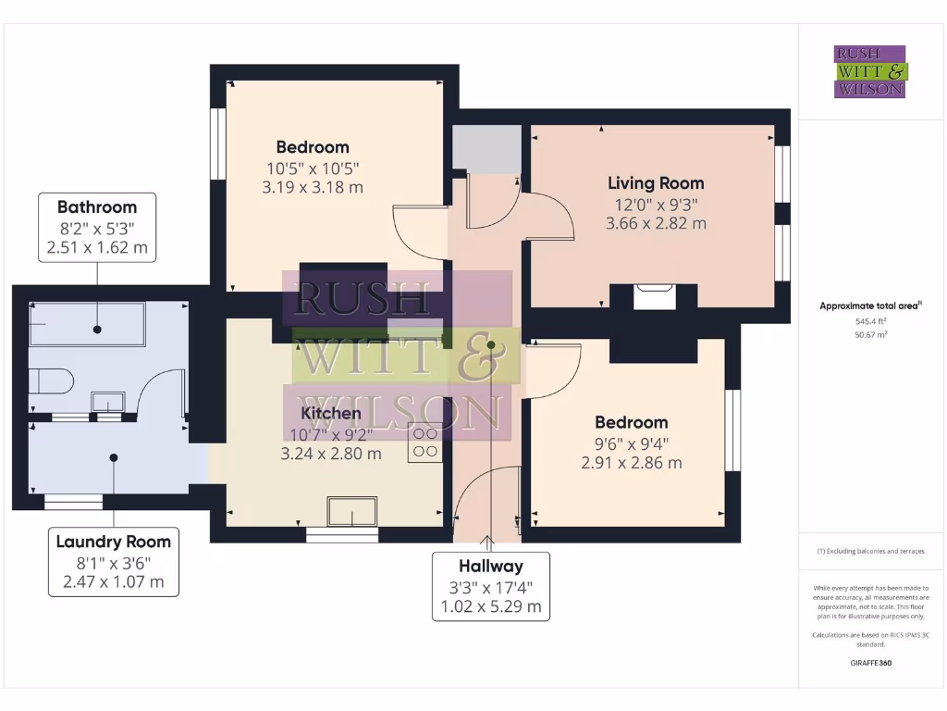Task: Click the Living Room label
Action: (655, 183)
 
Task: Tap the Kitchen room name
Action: (330, 413)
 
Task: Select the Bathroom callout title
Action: (97, 207)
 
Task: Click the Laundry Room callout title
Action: (113, 542)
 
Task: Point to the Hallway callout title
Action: (491, 566)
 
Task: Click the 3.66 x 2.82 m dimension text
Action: (655, 223)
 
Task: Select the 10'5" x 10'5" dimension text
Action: (313, 168)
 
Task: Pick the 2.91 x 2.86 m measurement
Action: (632, 462)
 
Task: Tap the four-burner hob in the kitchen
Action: (425, 443)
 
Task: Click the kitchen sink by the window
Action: (352, 510)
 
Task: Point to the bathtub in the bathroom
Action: (87, 323)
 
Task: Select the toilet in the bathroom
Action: (52, 380)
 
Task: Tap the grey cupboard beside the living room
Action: (486, 148)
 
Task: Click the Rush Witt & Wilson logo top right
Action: (870, 72)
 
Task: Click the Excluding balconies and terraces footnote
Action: (870, 551)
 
